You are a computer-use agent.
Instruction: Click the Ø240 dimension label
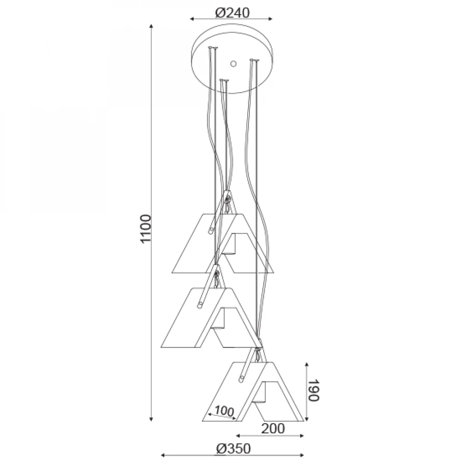point(232,12)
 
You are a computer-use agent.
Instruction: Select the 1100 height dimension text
point(146,229)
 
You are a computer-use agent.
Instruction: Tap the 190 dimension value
point(313,390)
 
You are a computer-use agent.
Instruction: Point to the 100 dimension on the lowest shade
point(224,411)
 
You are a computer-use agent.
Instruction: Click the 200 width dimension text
point(273,429)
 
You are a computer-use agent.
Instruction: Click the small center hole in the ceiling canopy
point(233,64)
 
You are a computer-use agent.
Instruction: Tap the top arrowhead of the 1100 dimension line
point(151,26)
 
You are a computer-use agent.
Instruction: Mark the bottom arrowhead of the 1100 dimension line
point(151,419)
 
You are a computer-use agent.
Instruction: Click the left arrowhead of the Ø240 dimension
point(192,19)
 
